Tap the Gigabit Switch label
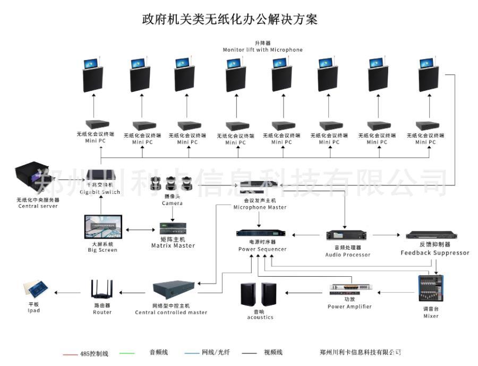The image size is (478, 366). tap(100, 192)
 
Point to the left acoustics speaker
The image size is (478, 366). tap(248, 295)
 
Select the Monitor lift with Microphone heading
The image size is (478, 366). tap(262, 49)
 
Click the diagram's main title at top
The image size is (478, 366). tap(229, 20)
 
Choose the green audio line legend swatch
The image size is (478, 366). tap(127, 353)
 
